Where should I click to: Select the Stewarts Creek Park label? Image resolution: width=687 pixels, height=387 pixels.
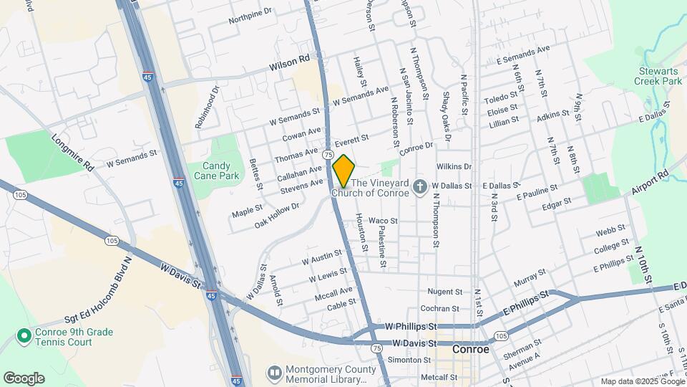click(658, 75)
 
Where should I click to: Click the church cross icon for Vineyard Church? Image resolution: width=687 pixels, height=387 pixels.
click(420, 187)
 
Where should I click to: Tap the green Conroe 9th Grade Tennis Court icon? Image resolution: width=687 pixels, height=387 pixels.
click(24, 335)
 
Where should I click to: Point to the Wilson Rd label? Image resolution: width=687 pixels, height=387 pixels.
click(289, 65)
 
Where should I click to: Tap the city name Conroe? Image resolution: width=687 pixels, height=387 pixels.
click(471, 350)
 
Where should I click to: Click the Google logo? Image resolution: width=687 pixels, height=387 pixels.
click(24, 378)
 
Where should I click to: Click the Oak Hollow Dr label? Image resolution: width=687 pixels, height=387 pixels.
click(277, 215)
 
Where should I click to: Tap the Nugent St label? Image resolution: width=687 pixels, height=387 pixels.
click(445, 292)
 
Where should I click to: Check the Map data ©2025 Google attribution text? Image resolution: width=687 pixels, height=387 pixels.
click(642, 381)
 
